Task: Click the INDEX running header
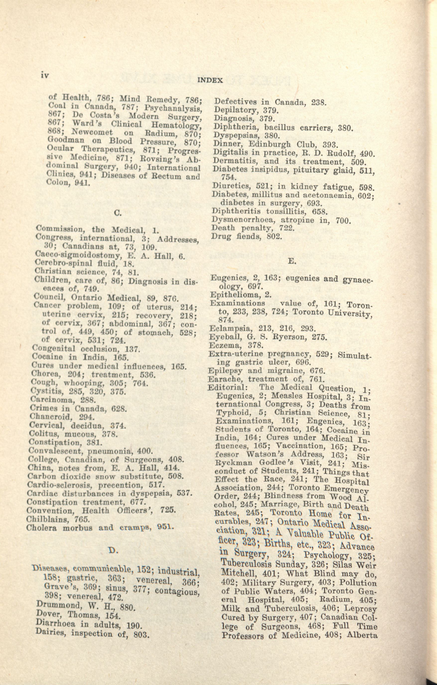(x=210, y=80)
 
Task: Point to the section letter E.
(x=291, y=261)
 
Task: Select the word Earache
(x=226, y=379)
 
